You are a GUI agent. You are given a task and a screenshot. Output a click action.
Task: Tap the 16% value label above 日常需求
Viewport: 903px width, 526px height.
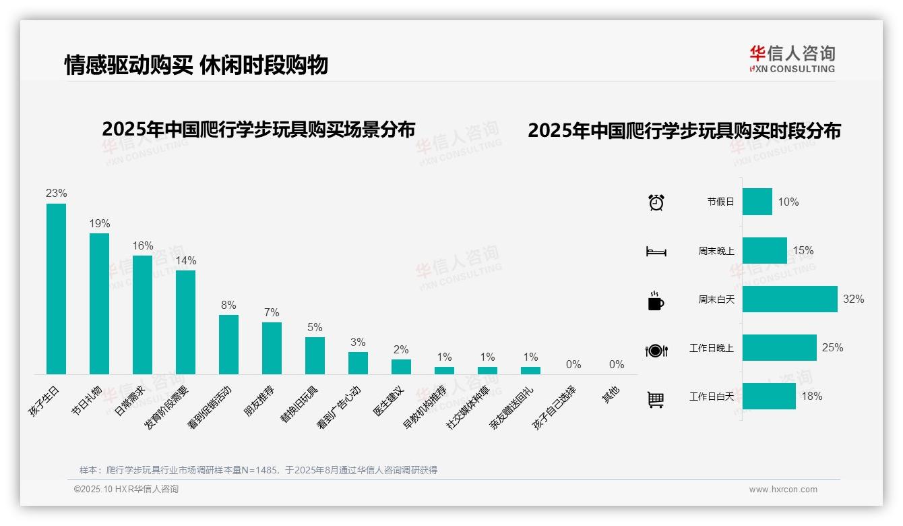point(142,246)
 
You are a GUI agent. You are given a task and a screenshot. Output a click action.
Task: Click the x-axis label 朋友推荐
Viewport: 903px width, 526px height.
point(259,401)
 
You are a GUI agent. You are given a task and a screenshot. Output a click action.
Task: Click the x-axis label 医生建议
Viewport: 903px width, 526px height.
point(389,401)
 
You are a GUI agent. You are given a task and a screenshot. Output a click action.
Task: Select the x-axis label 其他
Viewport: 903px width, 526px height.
point(611,394)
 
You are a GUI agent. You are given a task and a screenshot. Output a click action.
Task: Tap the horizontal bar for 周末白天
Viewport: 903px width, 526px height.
point(790,299)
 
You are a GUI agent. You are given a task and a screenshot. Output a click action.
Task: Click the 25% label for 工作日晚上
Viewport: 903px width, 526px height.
point(832,348)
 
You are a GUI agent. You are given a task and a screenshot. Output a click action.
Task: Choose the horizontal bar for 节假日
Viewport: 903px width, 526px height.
point(757,202)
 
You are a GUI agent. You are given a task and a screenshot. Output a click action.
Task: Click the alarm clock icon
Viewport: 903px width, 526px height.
point(656,202)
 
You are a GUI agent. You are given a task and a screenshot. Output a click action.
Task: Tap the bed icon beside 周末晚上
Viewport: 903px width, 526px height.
point(656,251)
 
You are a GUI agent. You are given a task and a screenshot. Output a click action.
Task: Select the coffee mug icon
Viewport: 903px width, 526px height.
point(656,300)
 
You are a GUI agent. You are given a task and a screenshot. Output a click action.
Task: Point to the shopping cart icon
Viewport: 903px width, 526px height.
point(656,399)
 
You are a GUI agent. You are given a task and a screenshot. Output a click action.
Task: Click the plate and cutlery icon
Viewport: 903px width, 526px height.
point(656,350)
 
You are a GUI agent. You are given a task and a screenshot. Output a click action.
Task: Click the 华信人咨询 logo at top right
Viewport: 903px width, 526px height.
point(792,59)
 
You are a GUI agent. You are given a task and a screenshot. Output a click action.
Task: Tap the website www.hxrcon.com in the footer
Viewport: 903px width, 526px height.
point(783,490)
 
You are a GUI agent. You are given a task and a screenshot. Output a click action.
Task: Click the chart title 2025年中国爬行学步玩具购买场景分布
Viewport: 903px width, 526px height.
point(258,129)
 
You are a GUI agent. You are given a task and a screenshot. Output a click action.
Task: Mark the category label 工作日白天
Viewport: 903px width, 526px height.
point(712,397)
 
